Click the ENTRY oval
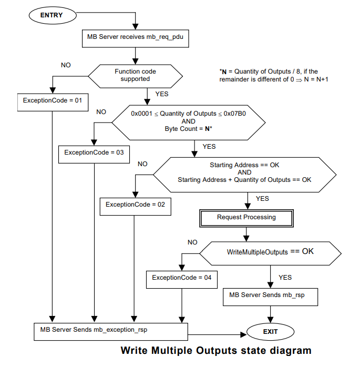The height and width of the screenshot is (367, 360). pyautogui.click(x=52, y=15)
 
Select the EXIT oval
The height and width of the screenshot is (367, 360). pyautogui.click(x=270, y=332)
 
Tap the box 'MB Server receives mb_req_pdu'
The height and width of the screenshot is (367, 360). pyautogui.click(x=136, y=37)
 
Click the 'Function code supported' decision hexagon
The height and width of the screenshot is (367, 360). pyautogui.click(x=135, y=75)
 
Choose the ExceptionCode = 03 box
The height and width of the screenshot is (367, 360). pyautogui.click(x=94, y=152)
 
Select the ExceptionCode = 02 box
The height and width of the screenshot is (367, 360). pyautogui.click(x=135, y=205)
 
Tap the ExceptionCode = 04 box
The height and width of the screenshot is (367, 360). pyautogui.click(x=182, y=278)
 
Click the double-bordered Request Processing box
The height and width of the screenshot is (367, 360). pyautogui.click(x=246, y=217)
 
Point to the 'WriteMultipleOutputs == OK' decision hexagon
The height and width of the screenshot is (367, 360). pyautogui.click(x=270, y=252)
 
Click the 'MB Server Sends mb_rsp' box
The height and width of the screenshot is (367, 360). pyautogui.click(x=271, y=295)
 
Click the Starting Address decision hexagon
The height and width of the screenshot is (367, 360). pyautogui.click(x=244, y=172)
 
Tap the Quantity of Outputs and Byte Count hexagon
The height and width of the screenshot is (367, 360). pyautogui.click(x=188, y=121)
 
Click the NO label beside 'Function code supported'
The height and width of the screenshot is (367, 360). pyautogui.click(x=66, y=65)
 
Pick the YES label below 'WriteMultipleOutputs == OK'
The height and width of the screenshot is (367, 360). pyautogui.click(x=285, y=277)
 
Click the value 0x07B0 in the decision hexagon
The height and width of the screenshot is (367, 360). pyautogui.click(x=237, y=114)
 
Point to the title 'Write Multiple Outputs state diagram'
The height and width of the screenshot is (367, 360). pyautogui.click(x=216, y=350)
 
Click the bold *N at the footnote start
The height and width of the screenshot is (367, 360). pyautogui.click(x=223, y=71)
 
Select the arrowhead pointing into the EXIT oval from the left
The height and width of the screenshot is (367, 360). pyautogui.click(x=245, y=334)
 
